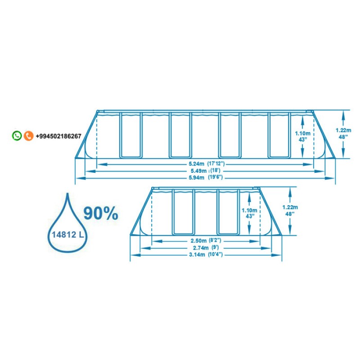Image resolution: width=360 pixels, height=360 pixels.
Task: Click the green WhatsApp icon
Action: (17, 136)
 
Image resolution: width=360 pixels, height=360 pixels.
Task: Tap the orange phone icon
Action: (28, 136)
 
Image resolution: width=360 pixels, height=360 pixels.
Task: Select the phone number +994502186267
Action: (58, 136)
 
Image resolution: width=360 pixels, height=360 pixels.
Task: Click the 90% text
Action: (101, 213)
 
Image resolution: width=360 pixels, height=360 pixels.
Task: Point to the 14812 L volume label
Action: (68, 234)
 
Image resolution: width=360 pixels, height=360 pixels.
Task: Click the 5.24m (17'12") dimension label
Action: (207, 164)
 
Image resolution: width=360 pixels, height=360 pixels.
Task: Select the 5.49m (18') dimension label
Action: (206, 171)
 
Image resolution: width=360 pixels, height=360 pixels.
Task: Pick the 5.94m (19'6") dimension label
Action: (206, 177)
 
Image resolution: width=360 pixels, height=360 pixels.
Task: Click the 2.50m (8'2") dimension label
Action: (206, 241)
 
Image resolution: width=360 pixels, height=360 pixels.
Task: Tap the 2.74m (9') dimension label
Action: (206, 248)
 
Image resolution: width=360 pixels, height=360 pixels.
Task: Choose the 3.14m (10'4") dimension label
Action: (206, 255)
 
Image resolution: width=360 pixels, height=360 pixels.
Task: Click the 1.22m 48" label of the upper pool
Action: (343, 133)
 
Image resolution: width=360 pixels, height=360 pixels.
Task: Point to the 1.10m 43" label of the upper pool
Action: (302, 136)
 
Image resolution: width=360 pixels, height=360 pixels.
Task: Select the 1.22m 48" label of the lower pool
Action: (290, 211)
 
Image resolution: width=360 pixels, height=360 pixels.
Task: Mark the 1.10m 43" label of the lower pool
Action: (249, 213)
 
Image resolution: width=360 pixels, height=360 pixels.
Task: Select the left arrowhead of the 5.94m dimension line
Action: (81, 178)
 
